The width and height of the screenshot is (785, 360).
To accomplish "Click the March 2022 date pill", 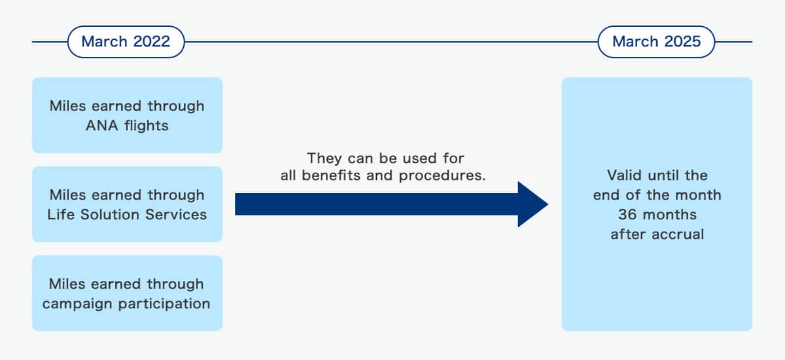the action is pos(126,42).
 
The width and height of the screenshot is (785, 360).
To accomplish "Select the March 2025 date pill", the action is pos(656,42).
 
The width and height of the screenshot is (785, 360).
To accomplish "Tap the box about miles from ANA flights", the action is pos(127,115).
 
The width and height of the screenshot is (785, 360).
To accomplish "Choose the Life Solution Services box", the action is pos(127,204).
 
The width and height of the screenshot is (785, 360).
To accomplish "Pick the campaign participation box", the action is pos(127,293).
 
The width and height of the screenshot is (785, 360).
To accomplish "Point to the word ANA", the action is pos(102,126).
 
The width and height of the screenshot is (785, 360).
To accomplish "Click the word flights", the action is pos(147,126).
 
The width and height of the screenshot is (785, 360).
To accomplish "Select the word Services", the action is pos(176,215).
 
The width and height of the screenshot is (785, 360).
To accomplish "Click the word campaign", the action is pos(77,304).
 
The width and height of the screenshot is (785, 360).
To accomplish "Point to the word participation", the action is pos(164,304).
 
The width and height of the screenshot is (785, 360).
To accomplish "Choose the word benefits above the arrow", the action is pos(331,175).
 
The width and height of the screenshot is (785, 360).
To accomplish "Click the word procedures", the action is pos(442,176).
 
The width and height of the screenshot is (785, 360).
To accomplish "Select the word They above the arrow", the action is pos(324,158).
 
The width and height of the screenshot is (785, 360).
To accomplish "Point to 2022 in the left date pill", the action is pos(151,41).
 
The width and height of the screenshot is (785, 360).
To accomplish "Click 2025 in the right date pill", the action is pos(682,41).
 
